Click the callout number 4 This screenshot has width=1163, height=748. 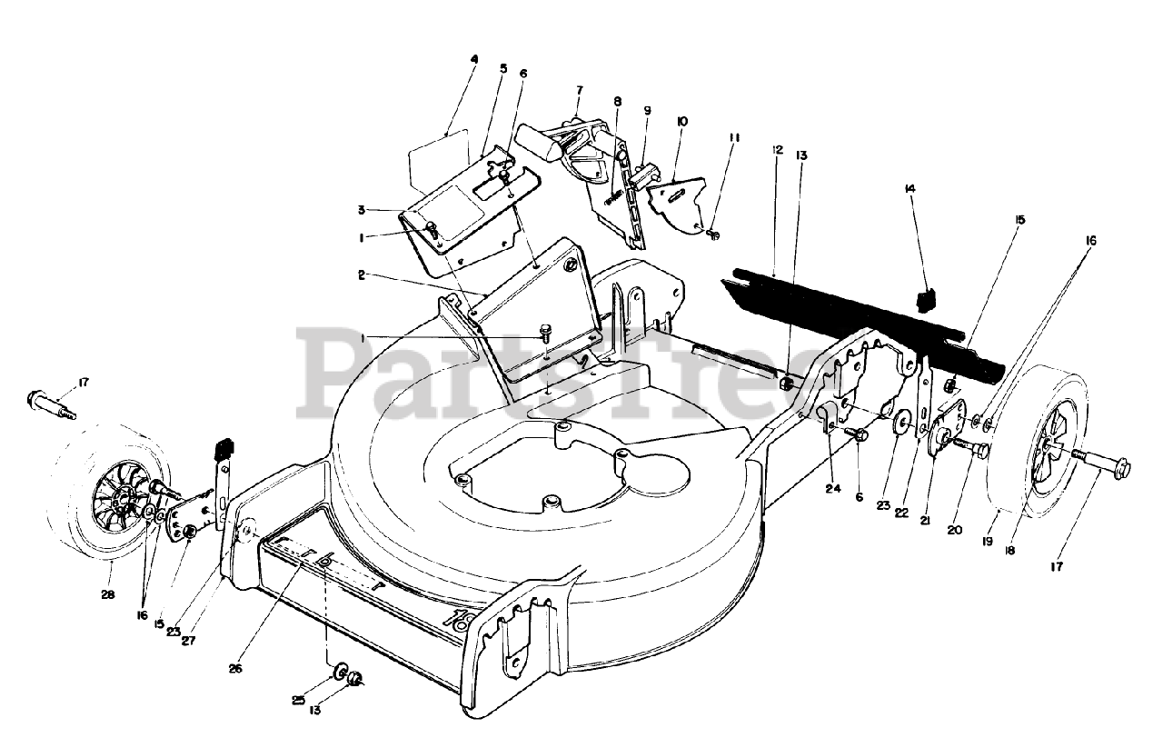point(473,60)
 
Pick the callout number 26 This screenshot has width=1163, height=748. point(235,669)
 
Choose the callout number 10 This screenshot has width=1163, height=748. point(681,121)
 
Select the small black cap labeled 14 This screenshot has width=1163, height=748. point(927,300)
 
